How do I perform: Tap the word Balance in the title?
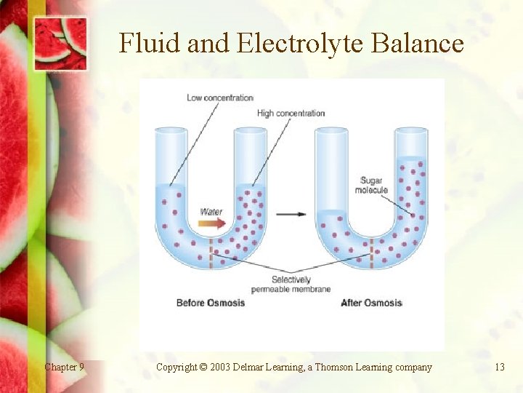pos(417,44)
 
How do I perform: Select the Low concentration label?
pos(220,98)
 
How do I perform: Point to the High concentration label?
pos(291,113)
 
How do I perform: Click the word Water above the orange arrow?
pos(211,211)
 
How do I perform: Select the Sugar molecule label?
pos(371,185)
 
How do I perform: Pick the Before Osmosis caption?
pos(211,303)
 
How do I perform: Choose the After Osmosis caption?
pos(371,303)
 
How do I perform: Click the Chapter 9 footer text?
pos(64,367)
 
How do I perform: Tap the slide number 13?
pos(499,367)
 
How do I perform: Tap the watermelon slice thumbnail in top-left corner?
pos(61,41)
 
